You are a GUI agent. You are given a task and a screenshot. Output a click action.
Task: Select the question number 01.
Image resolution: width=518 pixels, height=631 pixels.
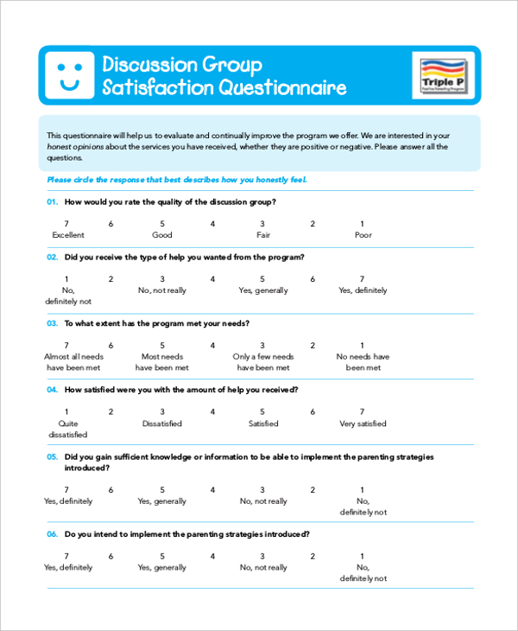tap(52, 201)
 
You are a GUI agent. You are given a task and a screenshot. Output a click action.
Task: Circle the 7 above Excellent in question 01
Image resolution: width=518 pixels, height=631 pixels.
tap(66, 224)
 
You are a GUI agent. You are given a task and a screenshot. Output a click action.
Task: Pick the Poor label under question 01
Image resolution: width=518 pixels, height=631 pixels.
tap(363, 235)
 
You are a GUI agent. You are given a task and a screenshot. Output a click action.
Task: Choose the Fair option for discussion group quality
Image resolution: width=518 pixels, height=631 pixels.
tap(263, 235)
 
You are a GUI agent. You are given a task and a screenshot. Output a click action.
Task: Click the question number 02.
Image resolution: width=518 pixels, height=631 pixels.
tap(52, 257)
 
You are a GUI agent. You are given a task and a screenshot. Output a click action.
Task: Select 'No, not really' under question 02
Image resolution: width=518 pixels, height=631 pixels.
tap(162, 290)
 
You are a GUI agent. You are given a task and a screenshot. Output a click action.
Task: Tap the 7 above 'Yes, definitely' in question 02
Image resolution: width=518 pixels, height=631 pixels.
tap(363, 279)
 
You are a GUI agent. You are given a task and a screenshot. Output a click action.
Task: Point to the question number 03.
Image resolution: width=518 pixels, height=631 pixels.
tap(52, 323)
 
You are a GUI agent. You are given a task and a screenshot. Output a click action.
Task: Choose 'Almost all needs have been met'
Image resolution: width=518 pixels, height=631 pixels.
tap(73, 361)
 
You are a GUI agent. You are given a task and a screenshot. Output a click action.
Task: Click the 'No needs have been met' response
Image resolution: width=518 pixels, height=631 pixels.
tap(363, 361)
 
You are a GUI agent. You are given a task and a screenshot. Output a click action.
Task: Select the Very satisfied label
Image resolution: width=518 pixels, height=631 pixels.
tap(363, 424)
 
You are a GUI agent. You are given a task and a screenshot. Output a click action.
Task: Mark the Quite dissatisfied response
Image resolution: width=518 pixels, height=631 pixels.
tap(67, 429)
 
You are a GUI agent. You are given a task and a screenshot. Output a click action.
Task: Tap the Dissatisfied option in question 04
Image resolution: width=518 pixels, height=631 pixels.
tap(162, 424)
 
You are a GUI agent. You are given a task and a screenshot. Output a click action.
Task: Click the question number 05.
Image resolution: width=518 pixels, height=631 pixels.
tap(52, 456)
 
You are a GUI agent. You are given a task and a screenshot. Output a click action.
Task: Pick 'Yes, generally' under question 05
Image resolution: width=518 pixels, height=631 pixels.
tap(162, 501)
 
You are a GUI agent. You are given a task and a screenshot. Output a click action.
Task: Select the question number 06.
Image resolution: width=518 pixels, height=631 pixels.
tap(52, 534)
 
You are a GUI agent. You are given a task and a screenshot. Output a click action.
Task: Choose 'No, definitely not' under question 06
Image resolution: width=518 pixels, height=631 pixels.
tap(363, 573)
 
